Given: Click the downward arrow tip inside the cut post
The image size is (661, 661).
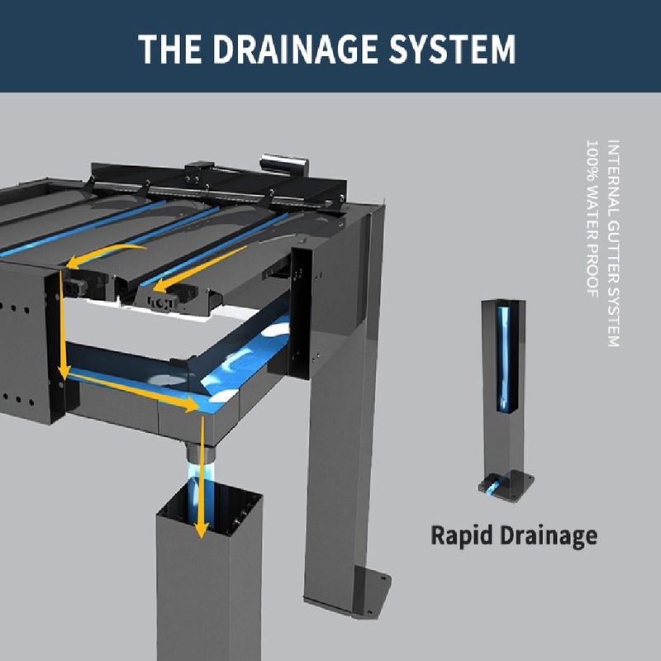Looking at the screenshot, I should (199, 530).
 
